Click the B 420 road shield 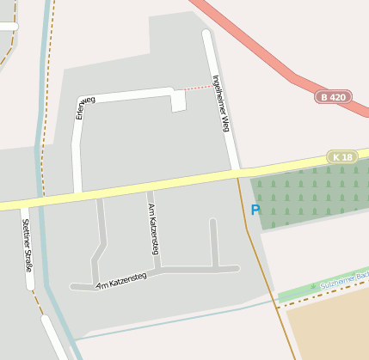333,97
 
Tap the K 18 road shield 342,157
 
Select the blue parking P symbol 255,210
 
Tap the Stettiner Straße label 27,246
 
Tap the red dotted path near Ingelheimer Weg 199,87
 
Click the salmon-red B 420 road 258,52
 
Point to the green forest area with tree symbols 310,198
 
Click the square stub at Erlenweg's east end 178,102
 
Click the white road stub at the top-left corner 8,27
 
